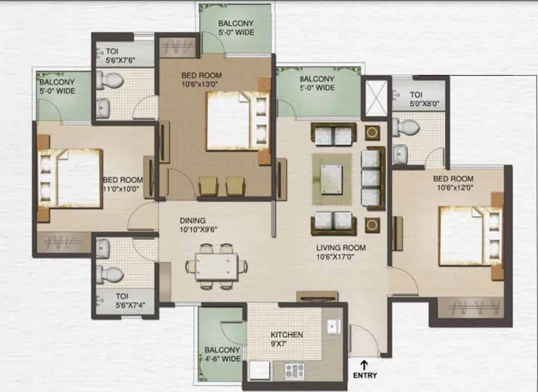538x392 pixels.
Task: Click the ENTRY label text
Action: [365, 375]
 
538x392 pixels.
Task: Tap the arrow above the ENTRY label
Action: [364, 364]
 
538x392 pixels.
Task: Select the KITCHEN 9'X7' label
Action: [286, 339]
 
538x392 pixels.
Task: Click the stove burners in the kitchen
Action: [294, 371]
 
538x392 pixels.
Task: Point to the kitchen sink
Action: [333, 326]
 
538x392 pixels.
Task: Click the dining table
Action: [217, 267]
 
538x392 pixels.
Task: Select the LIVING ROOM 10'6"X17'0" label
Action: [341, 252]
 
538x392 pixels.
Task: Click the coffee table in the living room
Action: [332, 179]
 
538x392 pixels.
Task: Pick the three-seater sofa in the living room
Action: [373, 178]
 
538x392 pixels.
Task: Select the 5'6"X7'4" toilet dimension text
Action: [130, 305]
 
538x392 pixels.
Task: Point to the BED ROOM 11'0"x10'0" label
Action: [123, 185]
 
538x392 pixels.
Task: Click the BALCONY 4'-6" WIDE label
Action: [222, 354]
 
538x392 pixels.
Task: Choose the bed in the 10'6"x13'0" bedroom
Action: [237, 120]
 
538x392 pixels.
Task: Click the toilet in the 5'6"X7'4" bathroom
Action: [110, 274]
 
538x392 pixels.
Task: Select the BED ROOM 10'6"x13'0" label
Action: [201, 80]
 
